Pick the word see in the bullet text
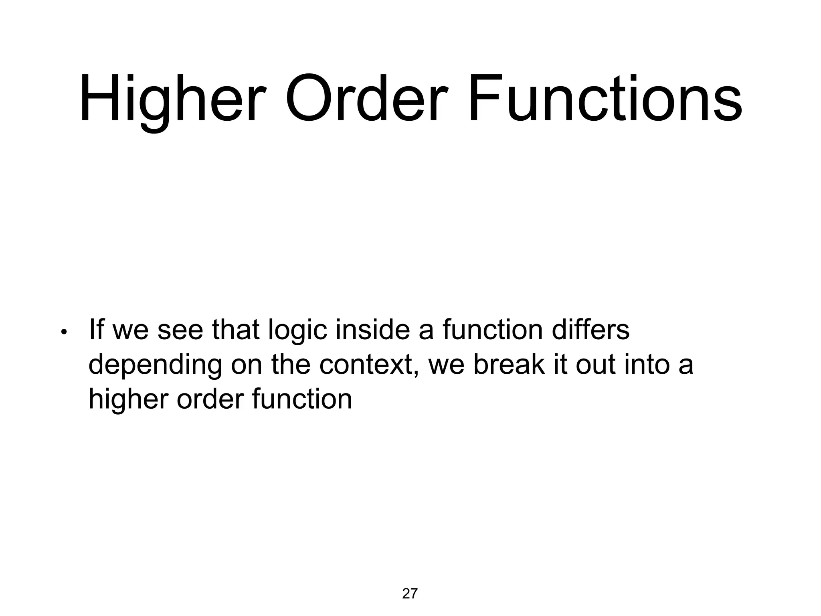tap(180, 330)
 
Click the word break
tap(509, 365)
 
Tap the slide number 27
tap(410, 594)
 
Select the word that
tap(236, 330)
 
